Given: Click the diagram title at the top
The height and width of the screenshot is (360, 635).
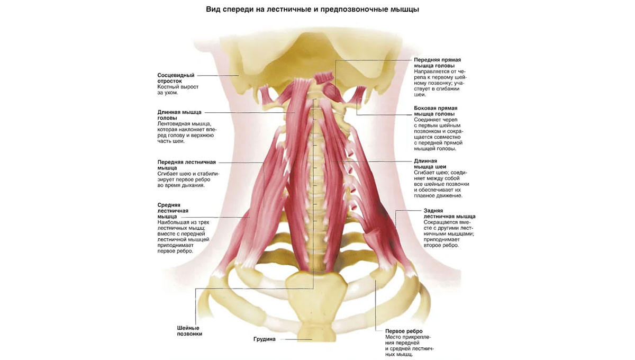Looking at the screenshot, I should (x=312, y=10).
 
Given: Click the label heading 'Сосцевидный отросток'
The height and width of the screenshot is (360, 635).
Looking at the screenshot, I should (x=176, y=78).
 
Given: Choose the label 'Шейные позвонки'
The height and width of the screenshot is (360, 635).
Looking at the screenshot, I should (x=189, y=331).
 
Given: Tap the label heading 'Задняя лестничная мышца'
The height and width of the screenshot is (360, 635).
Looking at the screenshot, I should (x=449, y=213).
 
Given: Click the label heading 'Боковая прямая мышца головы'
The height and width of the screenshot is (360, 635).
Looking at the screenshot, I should (x=436, y=111).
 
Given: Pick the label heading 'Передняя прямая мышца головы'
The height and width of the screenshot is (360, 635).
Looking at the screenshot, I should (x=437, y=62).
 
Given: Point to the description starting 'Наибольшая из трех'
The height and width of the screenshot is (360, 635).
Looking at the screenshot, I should (x=183, y=237).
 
